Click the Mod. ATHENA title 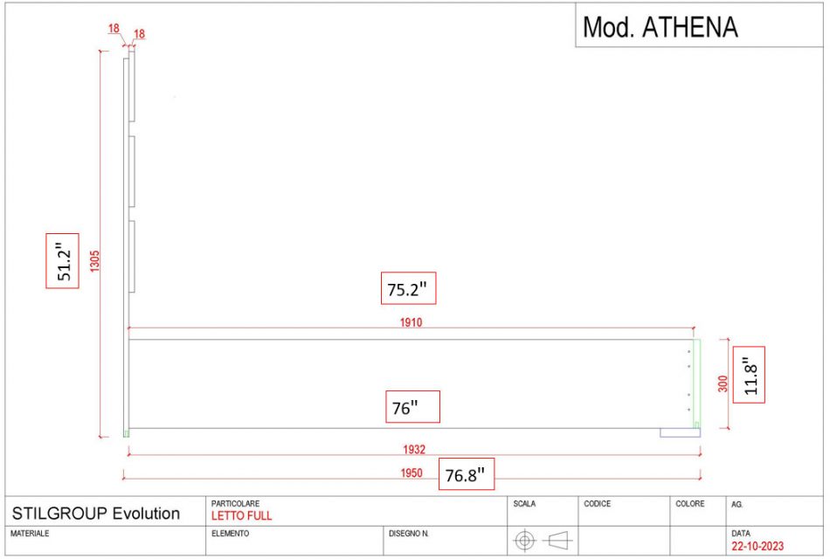tap(661, 27)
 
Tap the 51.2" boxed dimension tap(62, 261)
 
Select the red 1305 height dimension tap(94, 261)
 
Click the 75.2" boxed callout tap(408, 288)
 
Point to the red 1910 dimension tap(411, 322)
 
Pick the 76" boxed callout tap(412, 406)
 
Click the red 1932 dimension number tap(414, 450)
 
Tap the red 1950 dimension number tap(412, 473)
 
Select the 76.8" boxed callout tap(467, 474)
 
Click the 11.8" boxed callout tap(749, 375)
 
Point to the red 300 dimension tap(723, 383)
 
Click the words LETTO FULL tap(241, 515)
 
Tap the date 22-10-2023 tap(757, 546)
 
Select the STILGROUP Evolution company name tap(96, 514)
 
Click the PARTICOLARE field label tap(236, 503)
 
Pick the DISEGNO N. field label tap(409, 534)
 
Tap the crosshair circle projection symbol tap(524, 541)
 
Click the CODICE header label tap(597, 503)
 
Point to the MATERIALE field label tap(30, 534)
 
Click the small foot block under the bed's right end tap(681, 433)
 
